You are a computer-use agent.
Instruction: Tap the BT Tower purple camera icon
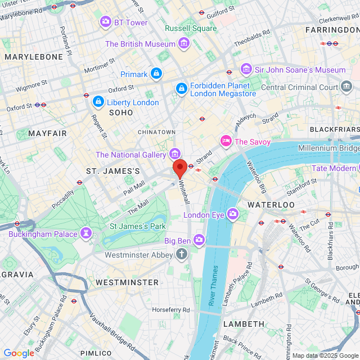(105, 22)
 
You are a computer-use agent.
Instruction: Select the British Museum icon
(183, 43)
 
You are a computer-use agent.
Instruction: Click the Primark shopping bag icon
(156, 73)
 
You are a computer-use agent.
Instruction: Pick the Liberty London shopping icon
(98, 102)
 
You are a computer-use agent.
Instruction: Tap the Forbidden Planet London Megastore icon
(182, 88)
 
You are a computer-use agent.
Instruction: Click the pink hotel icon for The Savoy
(226, 141)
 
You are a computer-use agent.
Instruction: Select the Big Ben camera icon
(199, 240)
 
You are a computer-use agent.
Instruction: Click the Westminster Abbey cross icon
(181, 254)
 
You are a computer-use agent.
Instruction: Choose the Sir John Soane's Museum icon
(246, 69)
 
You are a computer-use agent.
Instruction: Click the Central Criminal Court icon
(346, 87)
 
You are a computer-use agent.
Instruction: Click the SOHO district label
(121, 112)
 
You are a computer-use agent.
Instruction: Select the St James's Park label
(137, 226)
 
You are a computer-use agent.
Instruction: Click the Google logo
(19, 353)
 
